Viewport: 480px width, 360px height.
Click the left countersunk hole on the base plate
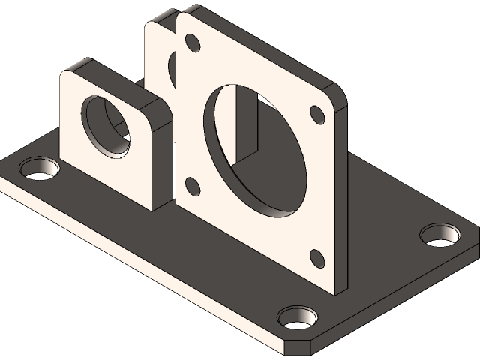(x=40, y=167)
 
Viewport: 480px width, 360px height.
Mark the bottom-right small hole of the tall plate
(x=315, y=256)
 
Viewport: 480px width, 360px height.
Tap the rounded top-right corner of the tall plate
(x=335, y=94)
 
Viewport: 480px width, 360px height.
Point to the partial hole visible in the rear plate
(x=173, y=68)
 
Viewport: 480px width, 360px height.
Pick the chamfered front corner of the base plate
(x=299, y=346)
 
